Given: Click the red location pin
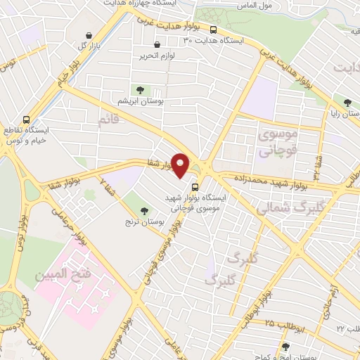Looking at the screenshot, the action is pos(181,165).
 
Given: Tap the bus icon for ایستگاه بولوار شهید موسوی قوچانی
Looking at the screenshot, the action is pos(195,188).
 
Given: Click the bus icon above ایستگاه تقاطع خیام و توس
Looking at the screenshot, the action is pos(27,120).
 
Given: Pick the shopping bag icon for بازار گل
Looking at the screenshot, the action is pos(88,36).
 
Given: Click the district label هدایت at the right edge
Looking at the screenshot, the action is pos(349,69).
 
